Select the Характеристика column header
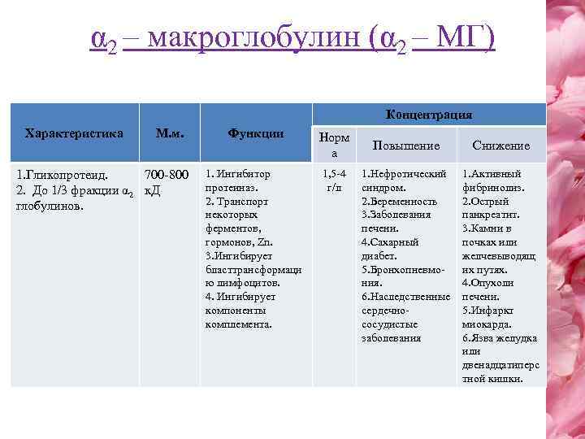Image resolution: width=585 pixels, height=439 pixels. tap(74, 132)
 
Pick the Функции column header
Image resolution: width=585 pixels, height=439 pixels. tap(255, 133)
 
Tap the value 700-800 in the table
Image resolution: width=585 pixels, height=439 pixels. tap(167, 173)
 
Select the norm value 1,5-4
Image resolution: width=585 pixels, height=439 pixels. tap(334, 173)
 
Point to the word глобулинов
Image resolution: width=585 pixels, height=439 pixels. tap(45, 206)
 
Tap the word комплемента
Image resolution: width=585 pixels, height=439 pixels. tap(239, 324)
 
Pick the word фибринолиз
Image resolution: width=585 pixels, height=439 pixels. tap(493, 187)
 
